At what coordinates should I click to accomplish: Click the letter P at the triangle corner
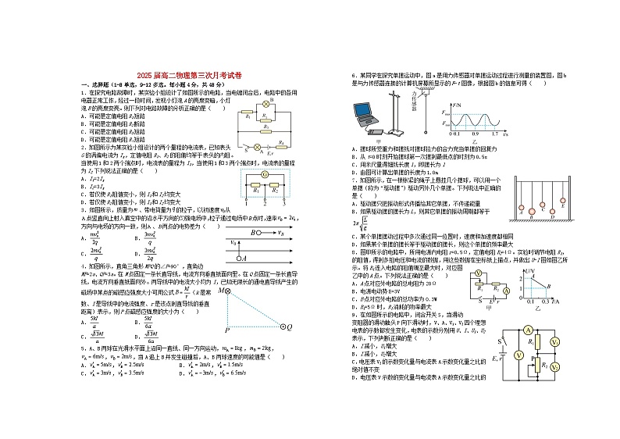tap(227, 330)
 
